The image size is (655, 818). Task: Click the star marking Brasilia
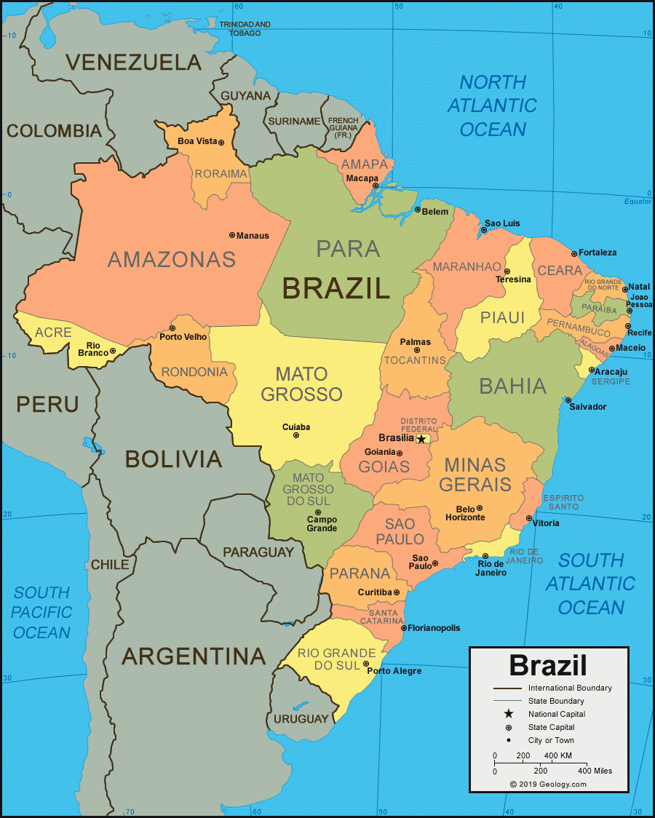coord(421,439)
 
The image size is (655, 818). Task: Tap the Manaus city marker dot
coord(231,235)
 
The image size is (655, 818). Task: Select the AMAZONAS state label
coord(172,259)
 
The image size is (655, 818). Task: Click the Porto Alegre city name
coord(394,671)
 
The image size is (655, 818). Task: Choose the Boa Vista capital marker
coord(221,142)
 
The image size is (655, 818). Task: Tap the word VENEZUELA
coord(133,63)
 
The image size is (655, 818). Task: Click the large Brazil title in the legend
coord(547,665)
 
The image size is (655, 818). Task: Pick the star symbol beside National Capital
coord(508,714)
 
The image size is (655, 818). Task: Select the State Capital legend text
coord(551,727)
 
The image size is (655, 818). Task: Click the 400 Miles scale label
coord(595,771)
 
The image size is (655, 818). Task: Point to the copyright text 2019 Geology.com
coord(548,784)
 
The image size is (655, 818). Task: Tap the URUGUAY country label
coord(301,719)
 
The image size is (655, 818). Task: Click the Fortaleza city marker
coord(574,254)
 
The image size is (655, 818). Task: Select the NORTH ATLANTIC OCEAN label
coord(492,106)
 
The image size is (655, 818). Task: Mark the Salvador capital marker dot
coord(568,400)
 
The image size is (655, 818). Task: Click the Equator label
coord(638,202)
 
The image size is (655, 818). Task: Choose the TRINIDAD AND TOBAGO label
coord(245,28)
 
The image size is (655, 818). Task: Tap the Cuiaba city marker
coord(295,435)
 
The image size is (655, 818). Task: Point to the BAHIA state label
coord(512,386)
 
